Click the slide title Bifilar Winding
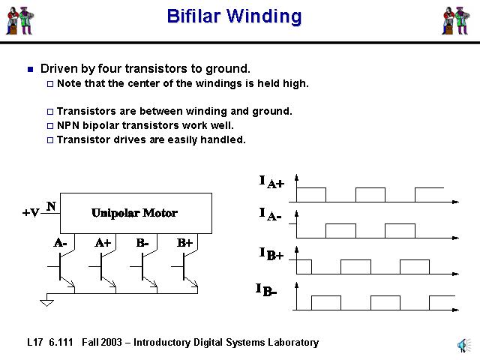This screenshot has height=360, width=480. point(234,16)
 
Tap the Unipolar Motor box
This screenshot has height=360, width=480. point(135,213)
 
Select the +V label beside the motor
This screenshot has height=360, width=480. point(31,213)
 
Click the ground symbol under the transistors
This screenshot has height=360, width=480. point(47,301)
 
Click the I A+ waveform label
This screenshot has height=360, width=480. point(271,182)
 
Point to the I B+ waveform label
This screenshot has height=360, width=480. point(271,255)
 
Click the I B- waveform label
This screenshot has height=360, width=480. point(267,289)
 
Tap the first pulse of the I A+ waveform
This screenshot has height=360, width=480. point(311,194)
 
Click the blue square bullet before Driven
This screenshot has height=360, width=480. point(30,69)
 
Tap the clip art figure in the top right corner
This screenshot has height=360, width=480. point(455,20)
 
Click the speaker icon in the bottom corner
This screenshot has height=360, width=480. point(460,344)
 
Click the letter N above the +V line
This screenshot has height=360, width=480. point(51,205)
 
